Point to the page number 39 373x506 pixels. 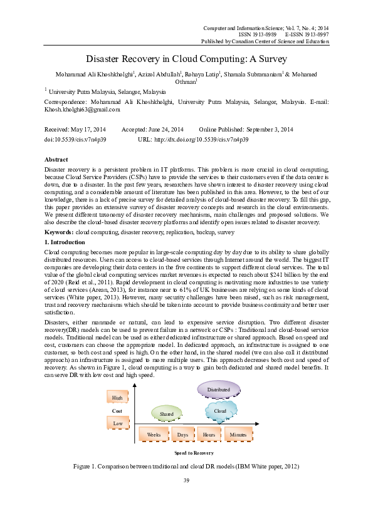pos(186,480)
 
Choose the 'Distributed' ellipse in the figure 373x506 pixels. pos(219,390)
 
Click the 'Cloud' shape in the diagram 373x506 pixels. pos(219,411)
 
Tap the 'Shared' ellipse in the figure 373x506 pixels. pos(167,414)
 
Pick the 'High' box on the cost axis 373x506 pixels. pos(117,398)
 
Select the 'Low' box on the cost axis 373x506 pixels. pos(117,424)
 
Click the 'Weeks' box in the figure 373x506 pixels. pos(155,434)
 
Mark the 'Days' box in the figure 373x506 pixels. pos(183,434)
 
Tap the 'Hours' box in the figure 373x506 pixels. pos(209,434)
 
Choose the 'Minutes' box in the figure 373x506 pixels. pos(238,434)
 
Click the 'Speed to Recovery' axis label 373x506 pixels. pos(195,452)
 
